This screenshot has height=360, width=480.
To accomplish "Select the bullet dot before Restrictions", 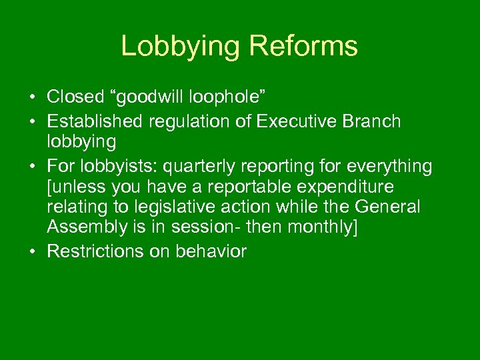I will (x=32, y=252).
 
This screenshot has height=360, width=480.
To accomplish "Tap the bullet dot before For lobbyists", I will (x=32, y=165).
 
